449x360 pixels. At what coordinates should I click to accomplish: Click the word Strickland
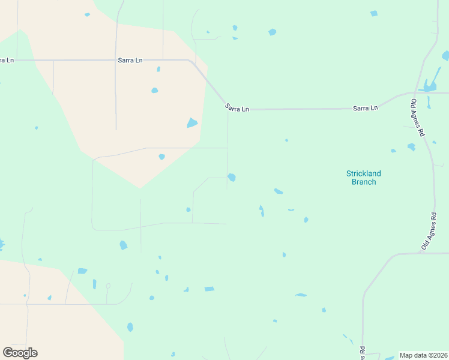pos(363,173)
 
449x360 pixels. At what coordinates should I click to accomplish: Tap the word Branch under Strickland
pos(363,182)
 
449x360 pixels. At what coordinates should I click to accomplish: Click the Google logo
pos(20,352)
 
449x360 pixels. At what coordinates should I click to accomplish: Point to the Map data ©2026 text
pos(423,355)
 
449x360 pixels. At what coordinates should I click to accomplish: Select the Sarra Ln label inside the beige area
pos(130,61)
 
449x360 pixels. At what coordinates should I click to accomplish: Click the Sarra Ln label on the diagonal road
pos(237,109)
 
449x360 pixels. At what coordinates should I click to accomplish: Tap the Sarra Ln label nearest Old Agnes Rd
pos(365,108)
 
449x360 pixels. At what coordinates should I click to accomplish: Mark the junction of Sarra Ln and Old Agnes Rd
pos(415,93)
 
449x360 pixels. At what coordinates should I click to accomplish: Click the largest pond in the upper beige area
pos(192,123)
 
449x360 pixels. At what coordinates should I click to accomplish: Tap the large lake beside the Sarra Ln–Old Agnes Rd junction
pos(430,85)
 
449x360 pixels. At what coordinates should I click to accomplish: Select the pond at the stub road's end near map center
pos(232,177)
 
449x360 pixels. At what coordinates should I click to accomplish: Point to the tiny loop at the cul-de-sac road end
pos(108,286)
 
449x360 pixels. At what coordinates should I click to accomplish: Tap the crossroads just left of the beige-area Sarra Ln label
pos(116,60)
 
